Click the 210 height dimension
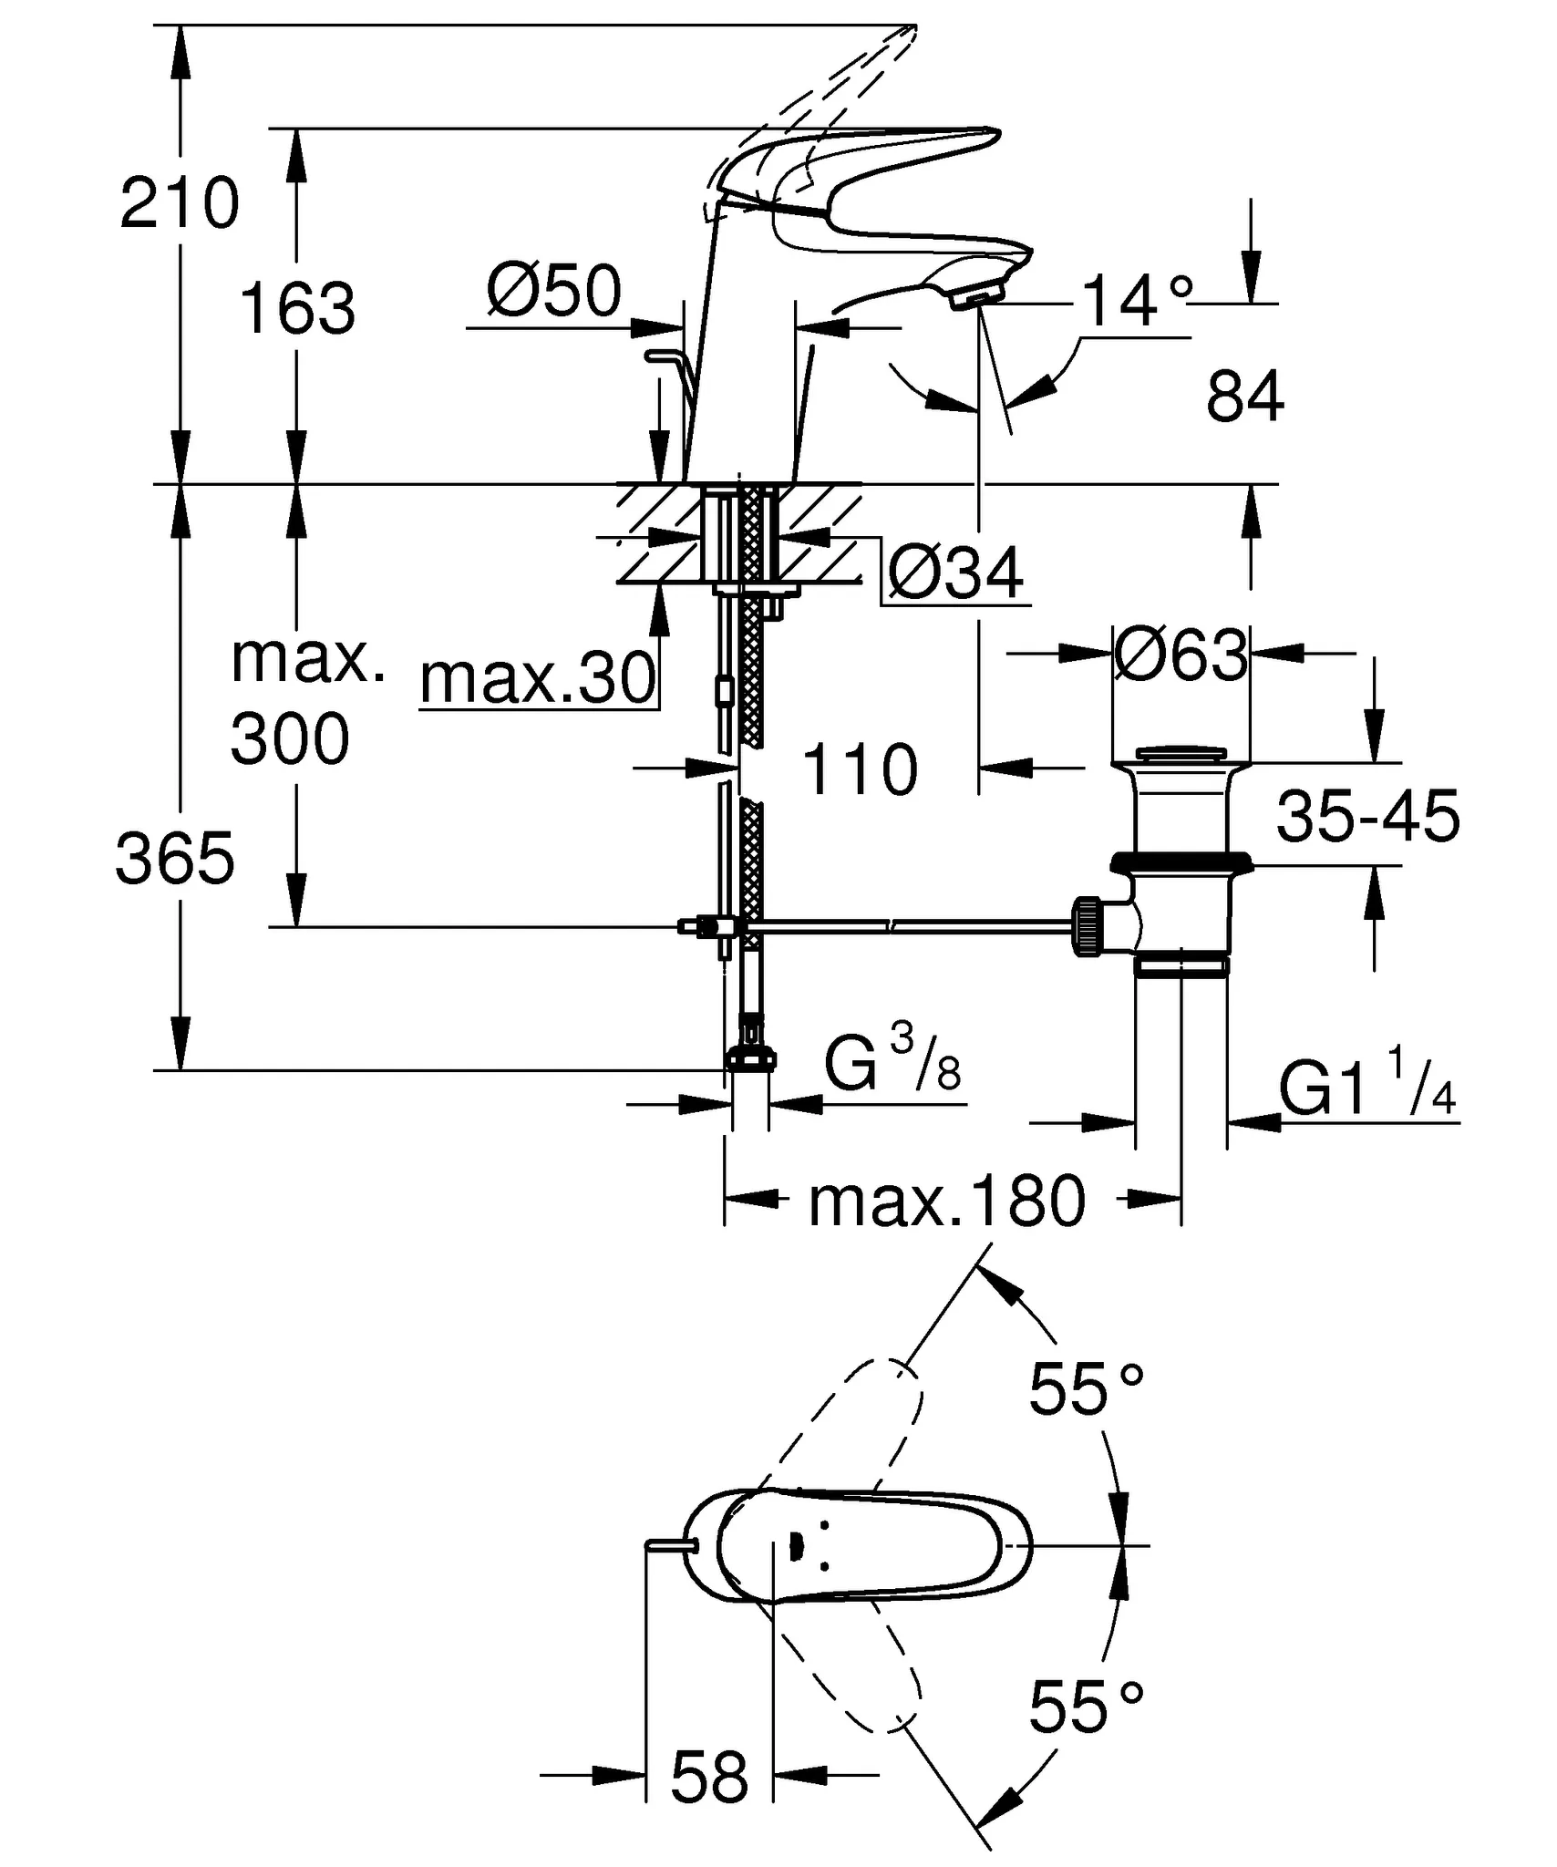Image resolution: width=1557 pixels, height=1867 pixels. (180, 204)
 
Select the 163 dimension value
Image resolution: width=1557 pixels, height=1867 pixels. (297, 309)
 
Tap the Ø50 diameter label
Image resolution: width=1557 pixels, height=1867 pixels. (553, 292)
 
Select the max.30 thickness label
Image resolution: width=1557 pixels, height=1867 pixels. (538, 679)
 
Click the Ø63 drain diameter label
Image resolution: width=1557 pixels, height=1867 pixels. (1181, 655)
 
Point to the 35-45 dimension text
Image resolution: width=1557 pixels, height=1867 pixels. (1367, 817)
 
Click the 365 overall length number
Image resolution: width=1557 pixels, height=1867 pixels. (175, 860)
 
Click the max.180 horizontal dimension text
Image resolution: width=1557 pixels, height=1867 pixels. (948, 1202)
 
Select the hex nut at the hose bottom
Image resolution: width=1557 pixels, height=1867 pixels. (751, 1059)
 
